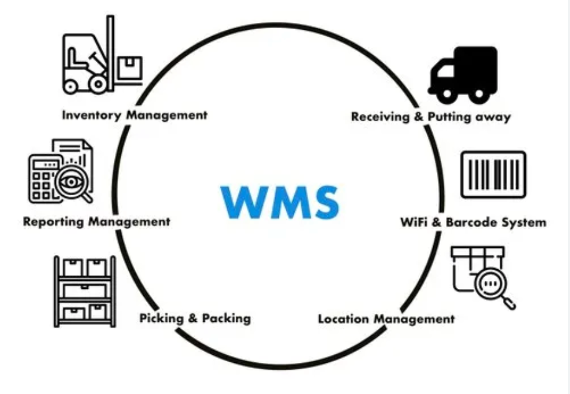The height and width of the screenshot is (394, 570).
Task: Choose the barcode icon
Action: [493, 175]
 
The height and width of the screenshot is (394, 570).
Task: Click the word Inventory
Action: [92, 116]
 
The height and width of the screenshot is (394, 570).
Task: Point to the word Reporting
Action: [54, 222]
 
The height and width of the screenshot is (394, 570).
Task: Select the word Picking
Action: [161, 319]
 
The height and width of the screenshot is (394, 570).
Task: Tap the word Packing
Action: [228, 319]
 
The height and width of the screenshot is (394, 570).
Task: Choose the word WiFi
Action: [414, 222]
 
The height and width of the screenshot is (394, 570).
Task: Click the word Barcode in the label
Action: [473, 222]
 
